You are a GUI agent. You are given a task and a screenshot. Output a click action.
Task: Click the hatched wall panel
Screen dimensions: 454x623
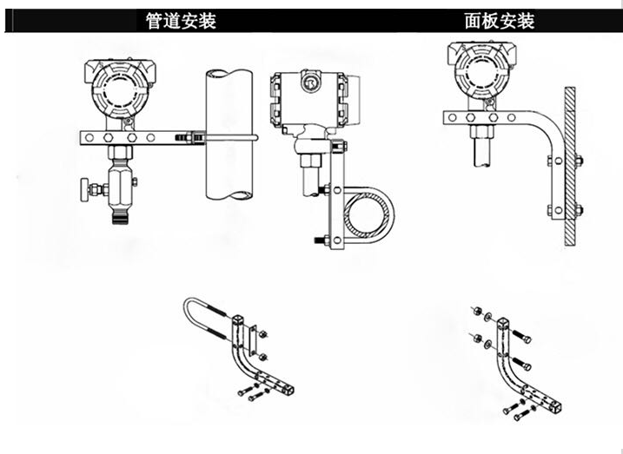click(x=570, y=165)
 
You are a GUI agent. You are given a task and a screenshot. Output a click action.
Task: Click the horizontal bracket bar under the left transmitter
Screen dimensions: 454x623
click(x=122, y=137)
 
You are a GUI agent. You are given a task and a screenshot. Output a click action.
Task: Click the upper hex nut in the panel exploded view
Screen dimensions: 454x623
click(x=477, y=310)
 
